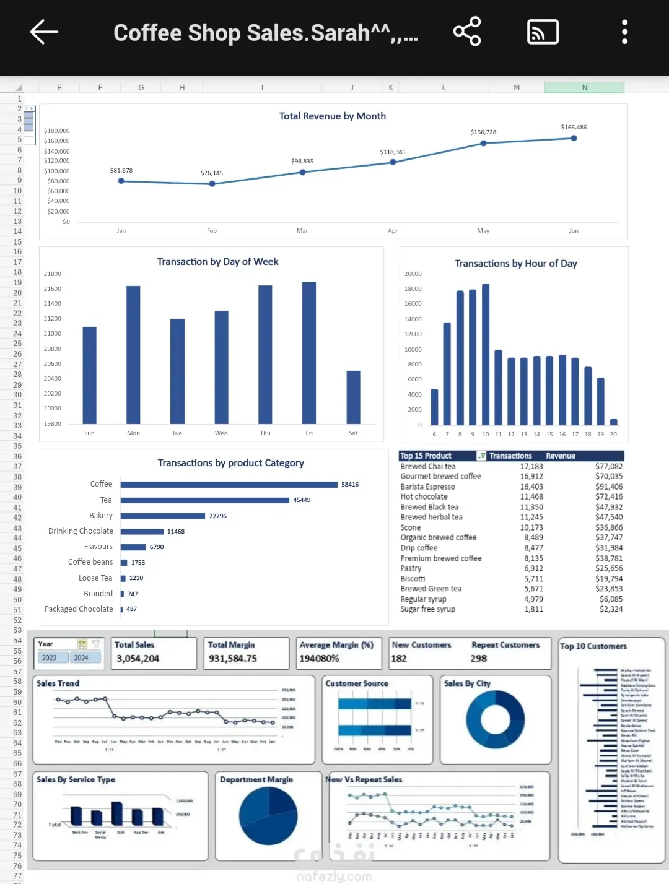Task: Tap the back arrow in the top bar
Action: [44, 32]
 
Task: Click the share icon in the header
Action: [467, 32]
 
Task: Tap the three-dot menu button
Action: [624, 32]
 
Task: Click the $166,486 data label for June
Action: [574, 127]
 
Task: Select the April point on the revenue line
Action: [393, 162]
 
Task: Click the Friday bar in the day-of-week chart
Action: [309, 353]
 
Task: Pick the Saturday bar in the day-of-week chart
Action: [353, 397]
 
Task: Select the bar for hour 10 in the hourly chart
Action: [486, 355]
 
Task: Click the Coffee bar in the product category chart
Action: [229, 485]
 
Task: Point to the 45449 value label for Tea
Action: [302, 500]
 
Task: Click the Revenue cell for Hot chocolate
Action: [608, 496]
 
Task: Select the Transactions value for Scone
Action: [531, 527]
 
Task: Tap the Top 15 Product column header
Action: [426, 456]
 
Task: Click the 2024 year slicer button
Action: [81, 657]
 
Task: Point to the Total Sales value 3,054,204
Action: [138, 659]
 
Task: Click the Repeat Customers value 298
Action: [478, 659]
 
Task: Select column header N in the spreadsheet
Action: [584, 88]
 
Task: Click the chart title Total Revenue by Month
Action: [333, 116]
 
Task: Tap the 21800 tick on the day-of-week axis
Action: [53, 274]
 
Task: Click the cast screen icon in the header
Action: [543, 32]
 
